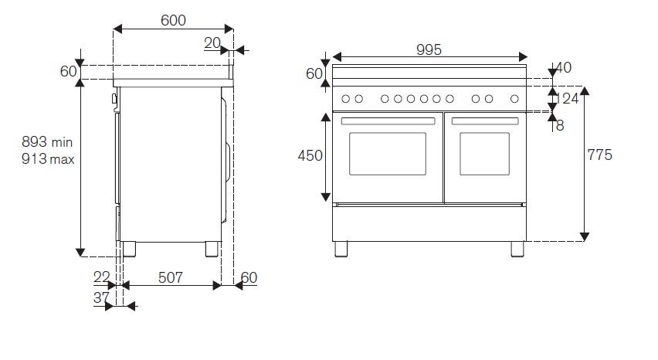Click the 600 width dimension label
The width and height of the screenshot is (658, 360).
pyautogui.click(x=173, y=21)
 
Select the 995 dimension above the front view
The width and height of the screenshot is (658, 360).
pyautogui.click(x=429, y=49)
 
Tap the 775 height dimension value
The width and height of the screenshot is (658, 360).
pyautogui.click(x=599, y=155)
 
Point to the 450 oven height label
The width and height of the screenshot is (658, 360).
pyautogui.click(x=310, y=155)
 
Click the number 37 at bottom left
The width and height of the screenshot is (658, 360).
pyautogui.click(x=101, y=297)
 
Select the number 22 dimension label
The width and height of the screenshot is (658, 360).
pyautogui.click(x=101, y=277)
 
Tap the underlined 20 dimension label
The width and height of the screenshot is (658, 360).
pyautogui.click(x=212, y=43)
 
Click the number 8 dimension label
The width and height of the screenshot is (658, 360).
pyautogui.click(x=560, y=125)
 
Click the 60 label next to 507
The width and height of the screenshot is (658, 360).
pyautogui.click(x=248, y=277)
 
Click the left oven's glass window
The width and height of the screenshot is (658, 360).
pyautogui.click(x=388, y=153)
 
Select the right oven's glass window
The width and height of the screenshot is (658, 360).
pyautogui.click(x=484, y=153)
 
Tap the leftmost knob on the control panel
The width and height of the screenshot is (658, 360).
pyautogui.click(x=345, y=98)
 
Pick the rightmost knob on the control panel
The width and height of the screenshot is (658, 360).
pyautogui.click(x=515, y=98)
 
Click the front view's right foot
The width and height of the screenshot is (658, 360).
pyautogui.click(x=517, y=249)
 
